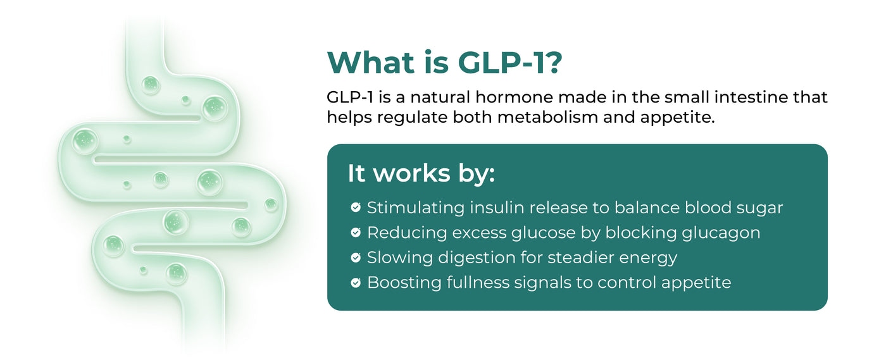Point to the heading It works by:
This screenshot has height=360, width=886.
pyautogui.click(x=421, y=173)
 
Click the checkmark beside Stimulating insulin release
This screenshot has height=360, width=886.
pyautogui.click(x=356, y=208)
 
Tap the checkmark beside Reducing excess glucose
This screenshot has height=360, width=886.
pyautogui.click(x=356, y=232)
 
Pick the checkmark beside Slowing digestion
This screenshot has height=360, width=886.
pyautogui.click(x=356, y=258)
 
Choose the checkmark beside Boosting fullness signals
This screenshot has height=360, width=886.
pyautogui.click(x=356, y=282)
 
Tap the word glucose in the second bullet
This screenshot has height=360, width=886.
pyautogui.click(x=544, y=233)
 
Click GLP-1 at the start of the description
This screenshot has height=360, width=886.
pyautogui.click(x=350, y=97)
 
